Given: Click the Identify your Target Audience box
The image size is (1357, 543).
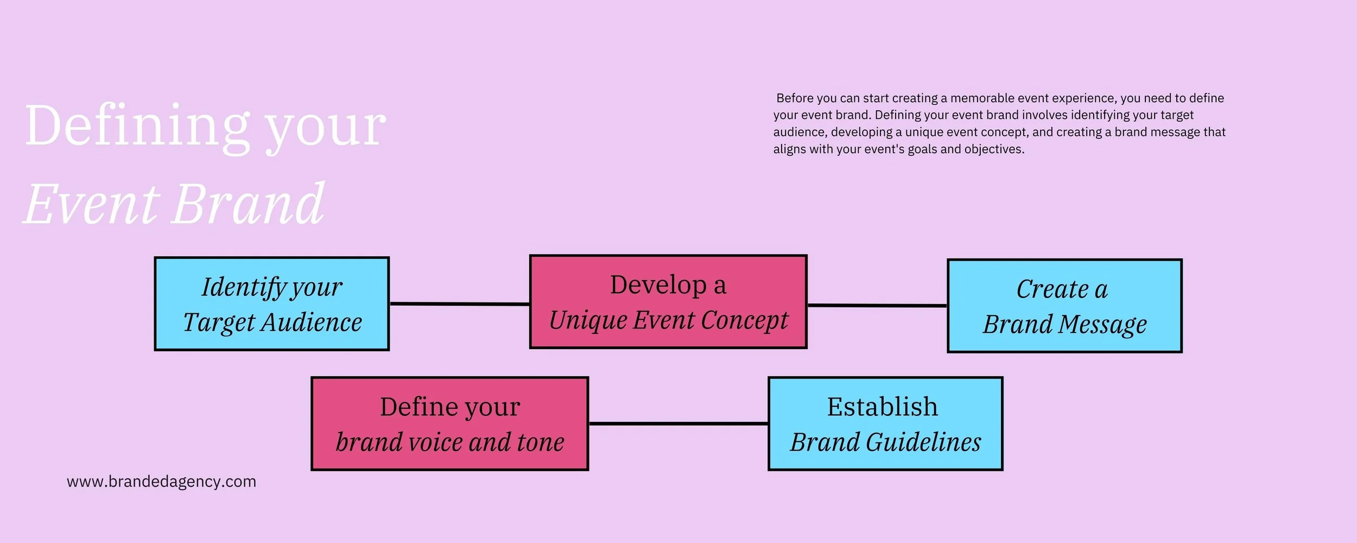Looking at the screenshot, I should pyautogui.click(x=271, y=304).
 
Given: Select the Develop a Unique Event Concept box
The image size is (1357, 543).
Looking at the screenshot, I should pyautogui.click(x=668, y=302).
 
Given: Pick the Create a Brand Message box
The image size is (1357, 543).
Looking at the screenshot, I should pyautogui.click(x=1064, y=306).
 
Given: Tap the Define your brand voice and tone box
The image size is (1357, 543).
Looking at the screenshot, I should pyautogui.click(x=449, y=424).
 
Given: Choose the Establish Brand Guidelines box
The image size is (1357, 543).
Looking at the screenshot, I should pyautogui.click(x=885, y=424).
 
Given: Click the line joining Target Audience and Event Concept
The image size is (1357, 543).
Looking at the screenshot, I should pyautogui.click(x=459, y=304).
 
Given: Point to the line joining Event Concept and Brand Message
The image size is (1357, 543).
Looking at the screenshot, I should pyautogui.click(x=877, y=306).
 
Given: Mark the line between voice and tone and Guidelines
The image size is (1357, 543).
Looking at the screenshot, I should pyautogui.click(x=678, y=424).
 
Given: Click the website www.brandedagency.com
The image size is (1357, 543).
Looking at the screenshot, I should pyautogui.click(x=161, y=482).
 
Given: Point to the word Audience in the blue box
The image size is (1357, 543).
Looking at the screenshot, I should pyautogui.click(x=312, y=323).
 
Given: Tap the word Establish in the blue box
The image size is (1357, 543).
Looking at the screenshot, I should pyautogui.click(x=882, y=407).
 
